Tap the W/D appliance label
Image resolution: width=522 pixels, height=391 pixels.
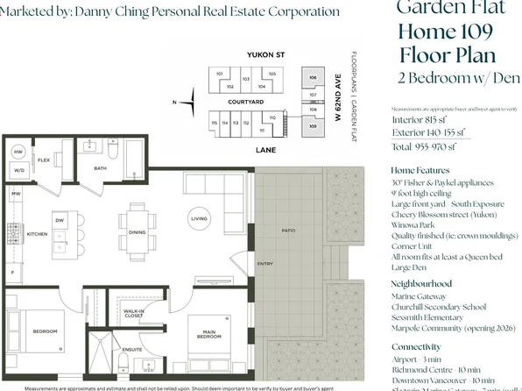tap(18, 170)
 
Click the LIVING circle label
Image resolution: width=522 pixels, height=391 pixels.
tap(200, 218)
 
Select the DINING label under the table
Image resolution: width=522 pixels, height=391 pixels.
tap(137, 232)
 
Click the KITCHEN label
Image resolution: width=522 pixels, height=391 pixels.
tap(37, 234)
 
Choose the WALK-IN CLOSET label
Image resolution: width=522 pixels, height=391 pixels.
tap(133, 313)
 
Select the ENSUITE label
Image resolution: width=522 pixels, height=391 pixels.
tap(133, 349)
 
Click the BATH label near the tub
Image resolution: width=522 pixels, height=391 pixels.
tap(101, 168)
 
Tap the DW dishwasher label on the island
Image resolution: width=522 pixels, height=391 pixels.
tap(60, 219)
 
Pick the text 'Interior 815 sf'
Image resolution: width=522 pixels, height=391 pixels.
tap(420, 119)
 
